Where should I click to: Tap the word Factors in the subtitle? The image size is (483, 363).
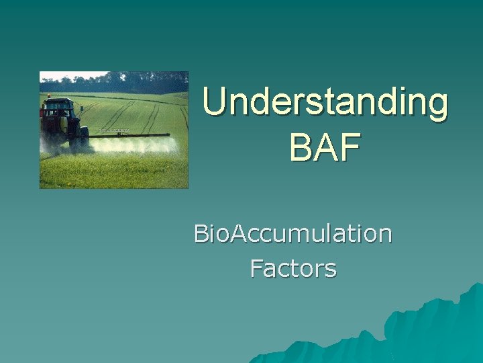pyautogui.click(x=293, y=269)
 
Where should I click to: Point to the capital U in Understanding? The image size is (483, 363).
pyautogui.click(x=215, y=103)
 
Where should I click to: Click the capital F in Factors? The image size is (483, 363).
pyautogui.click(x=256, y=269)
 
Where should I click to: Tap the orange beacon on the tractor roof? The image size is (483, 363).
pyautogui.click(x=48, y=95)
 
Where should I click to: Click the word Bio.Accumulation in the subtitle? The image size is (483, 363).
pyautogui.click(x=292, y=234)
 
